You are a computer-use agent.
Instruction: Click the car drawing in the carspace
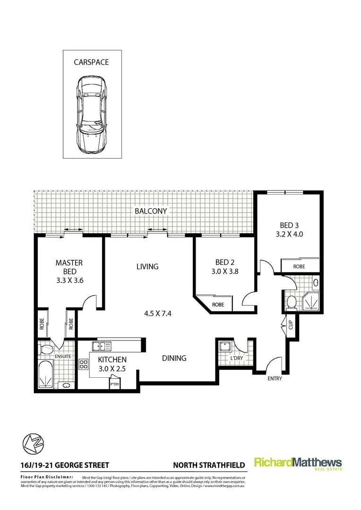tap(92, 115)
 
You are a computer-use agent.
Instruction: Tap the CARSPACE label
tap(92, 62)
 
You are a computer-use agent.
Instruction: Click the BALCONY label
tap(151, 211)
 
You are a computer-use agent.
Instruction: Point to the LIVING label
tap(147, 267)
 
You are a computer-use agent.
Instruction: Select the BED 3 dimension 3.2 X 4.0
tap(289, 233)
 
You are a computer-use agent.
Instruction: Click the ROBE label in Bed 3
tap(299, 266)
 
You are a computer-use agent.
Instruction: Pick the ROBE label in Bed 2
tap(218, 305)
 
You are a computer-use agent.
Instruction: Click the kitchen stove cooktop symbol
tap(84, 364)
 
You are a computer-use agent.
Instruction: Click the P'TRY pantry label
tap(115, 384)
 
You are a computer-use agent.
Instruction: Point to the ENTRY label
tap(274, 379)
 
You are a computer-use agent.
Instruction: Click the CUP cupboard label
tap(291, 325)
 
